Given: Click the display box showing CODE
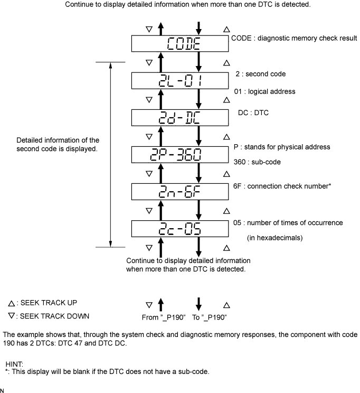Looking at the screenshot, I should [180, 43].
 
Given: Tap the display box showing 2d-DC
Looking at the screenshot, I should [180, 117].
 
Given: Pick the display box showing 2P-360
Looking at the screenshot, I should [180, 154].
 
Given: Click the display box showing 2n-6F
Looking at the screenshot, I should [180, 191].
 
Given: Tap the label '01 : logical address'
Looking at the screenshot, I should [264, 91].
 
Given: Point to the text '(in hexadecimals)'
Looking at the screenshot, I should [274, 238].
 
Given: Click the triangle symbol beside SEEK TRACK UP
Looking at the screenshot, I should [11, 304].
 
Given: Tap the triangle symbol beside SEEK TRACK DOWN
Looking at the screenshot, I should [11, 316].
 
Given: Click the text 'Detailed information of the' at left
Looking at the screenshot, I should [58, 141].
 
